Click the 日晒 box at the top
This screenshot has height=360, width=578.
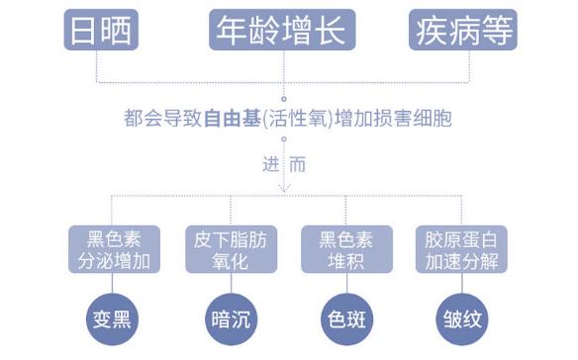point(100,31)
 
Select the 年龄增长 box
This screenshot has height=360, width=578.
point(280,31)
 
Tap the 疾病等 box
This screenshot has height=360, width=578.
point(462,31)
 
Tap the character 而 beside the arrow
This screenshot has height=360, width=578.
point(298,164)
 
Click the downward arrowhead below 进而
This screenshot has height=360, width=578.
point(284,187)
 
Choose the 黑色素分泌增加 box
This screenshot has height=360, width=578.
point(112,250)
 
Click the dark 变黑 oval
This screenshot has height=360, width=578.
point(112,318)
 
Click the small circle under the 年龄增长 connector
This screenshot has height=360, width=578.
point(284,98)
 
